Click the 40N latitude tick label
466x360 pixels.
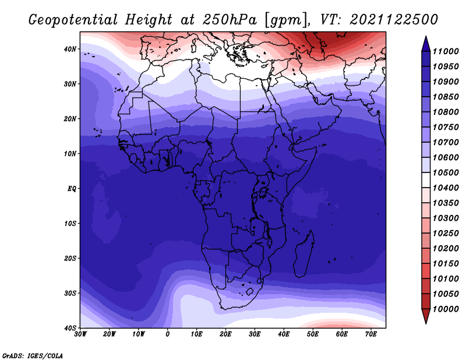pyautogui.click(x=70, y=49)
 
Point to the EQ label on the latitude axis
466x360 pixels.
pyautogui.click(x=72, y=189)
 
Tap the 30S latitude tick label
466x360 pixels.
pyautogui.click(x=70, y=293)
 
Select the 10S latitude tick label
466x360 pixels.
pyautogui.click(x=70, y=223)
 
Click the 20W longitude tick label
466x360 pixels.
pyautogui.click(x=110, y=334)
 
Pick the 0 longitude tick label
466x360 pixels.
pyautogui.click(x=168, y=334)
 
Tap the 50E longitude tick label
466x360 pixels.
pyautogui.click(x=313, y=334)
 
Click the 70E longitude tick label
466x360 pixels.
pyautogui.click(x=371, y=334)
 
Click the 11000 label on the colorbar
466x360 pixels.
pyautogui.click(x=446, y=51)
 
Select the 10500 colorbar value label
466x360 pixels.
pyautogui.click(x=446, y=172)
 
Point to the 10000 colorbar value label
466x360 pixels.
pyautogui.click(x=446, y=309)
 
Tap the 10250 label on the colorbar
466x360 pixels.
pyautogui.click(x=446, y=234)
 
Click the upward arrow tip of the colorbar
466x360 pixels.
pyautogui.click(x=426, y=36)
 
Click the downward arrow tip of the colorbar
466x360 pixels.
pyautogui.click(x=426, y=324)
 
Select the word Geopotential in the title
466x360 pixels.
pyautogui.click(x=73, y=20)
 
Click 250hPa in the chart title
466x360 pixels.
pyautogui.click(x=230, y=20)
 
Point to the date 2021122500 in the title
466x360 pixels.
pyautogui.click(x=394, y=20)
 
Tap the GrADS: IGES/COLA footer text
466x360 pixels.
pyautogui.click(x=33, y=356)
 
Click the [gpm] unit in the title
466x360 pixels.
pyautogui.click(x=286, y=20)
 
